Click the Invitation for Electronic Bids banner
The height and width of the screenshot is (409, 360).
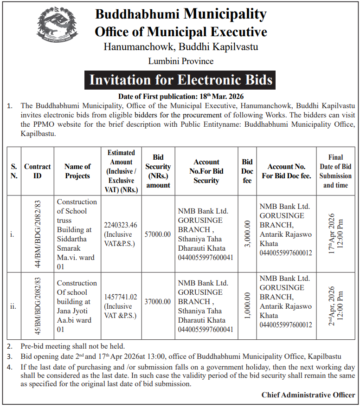180,80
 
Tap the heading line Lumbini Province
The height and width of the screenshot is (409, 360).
180,61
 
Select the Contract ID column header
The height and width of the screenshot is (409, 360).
38,171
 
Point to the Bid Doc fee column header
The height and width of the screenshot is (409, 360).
247,171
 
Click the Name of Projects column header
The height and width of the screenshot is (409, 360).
77,171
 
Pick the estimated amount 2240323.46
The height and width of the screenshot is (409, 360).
121,225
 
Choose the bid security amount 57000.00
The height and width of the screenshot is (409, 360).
158,234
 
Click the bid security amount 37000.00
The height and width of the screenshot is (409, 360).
158,301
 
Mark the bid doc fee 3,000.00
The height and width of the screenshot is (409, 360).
247,234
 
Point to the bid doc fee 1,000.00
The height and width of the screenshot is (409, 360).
247,304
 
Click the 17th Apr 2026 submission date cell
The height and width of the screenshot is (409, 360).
335,234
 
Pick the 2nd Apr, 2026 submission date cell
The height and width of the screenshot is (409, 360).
335,304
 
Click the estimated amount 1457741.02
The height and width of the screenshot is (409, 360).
121,297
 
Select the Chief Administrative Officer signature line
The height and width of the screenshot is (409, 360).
308,395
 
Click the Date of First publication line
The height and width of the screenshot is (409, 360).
180,97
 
